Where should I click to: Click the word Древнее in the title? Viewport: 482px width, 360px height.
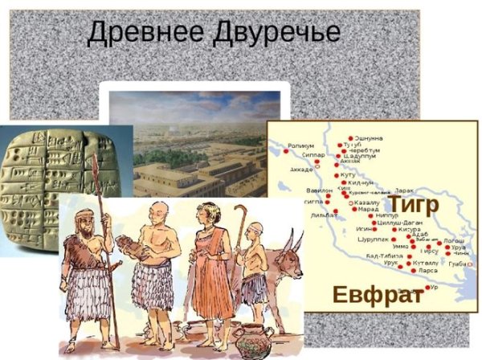pos(141,33)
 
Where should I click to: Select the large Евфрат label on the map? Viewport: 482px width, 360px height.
pos(378,295)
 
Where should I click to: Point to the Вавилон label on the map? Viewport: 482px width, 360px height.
pos(319,190)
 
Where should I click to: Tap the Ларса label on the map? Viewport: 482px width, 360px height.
pos(423,271)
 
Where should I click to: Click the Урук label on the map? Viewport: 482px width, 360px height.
pos(391,263)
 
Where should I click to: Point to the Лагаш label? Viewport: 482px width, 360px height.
pos(454,239)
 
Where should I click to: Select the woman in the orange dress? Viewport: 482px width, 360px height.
pos(210,265)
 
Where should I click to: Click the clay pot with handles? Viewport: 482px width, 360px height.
pos(251,337)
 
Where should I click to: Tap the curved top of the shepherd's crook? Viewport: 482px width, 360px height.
pos(239,211)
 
